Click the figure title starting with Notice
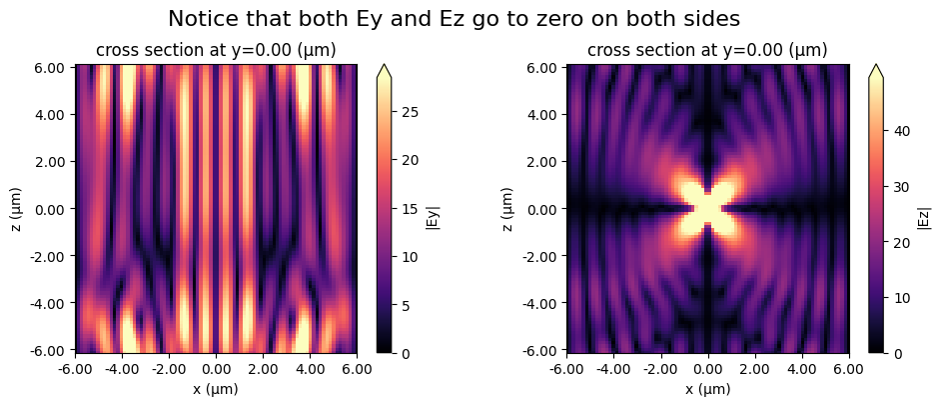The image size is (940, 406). click(469, 19)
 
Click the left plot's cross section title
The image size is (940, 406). click(215, 51)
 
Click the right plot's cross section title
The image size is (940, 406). click(707, 51)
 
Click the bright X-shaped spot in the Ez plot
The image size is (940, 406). click(707, 207)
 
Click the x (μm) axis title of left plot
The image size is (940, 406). click(215, 389)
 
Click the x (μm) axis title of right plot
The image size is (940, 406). click(707, 389)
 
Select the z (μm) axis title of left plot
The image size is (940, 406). click(15, 208)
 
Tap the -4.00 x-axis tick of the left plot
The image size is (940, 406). click(121, 369)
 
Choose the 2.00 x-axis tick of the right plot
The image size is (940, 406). click(755, 369)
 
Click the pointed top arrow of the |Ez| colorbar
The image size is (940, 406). click(876, 71)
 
